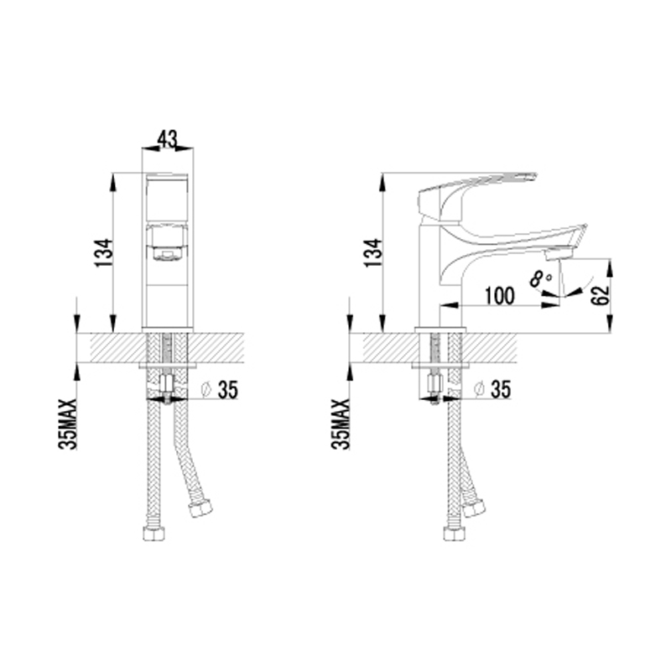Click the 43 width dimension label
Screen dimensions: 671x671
[167, 139]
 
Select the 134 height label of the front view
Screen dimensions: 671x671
[104, 253]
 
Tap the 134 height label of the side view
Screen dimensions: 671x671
[373, 253]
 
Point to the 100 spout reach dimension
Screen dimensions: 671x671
[499, 296]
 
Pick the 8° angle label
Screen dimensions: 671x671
[540, 278]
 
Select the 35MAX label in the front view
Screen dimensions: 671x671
[68, 424]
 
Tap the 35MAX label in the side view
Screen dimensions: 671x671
[341, 424]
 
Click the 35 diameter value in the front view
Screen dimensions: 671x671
[227, 390]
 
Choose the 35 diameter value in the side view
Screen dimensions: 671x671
[501, 390]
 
